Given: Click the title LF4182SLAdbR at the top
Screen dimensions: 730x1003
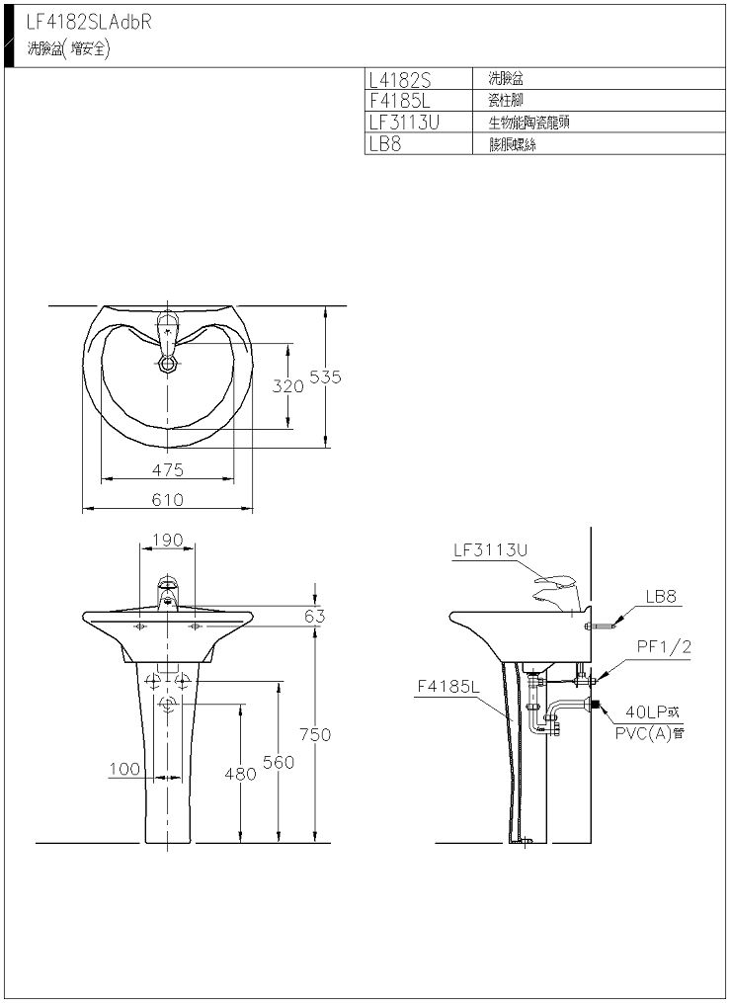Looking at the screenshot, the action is tap(89, 23).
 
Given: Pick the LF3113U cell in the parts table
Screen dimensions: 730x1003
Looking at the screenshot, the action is tap(405, 122).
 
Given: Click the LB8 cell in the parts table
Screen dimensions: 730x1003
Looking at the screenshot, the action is tap(385, 143).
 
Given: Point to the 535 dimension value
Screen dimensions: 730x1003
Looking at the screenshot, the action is tap(325, 376).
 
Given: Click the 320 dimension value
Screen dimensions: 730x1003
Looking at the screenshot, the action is tap(288, 385).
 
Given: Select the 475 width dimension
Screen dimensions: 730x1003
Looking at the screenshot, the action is tap(168, 469).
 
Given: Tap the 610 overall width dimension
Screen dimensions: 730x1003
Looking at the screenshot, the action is tap(168, 499).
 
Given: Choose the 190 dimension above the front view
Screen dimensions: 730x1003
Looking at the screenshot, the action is tap(168, 540).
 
